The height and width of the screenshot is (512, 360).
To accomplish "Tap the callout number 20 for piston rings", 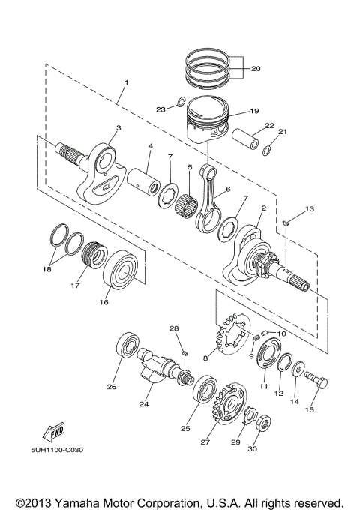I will [255, 69].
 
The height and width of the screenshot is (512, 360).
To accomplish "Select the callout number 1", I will [126, 82].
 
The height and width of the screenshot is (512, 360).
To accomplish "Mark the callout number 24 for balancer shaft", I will [145, 404].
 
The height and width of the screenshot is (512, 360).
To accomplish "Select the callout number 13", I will [310, 208].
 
